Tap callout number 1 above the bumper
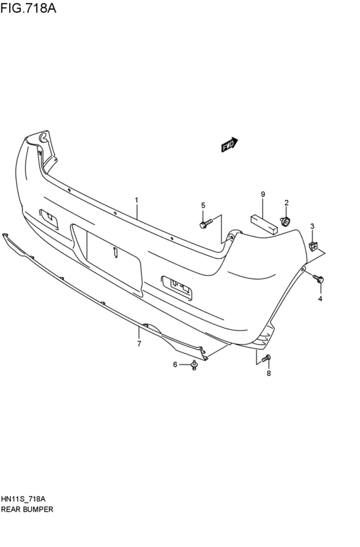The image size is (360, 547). click(x=136, y=201)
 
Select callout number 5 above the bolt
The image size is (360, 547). click(x=203, y=205)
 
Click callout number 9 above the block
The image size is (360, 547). click(x=263, y=194)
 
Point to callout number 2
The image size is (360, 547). click(x=287, y=202)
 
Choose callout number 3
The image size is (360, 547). click(x=312, y=226)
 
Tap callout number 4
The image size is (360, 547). click(x=320, y=299)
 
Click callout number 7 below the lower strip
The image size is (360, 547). click(x=139, y=345)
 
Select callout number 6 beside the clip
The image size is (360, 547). click(x=174, y=365)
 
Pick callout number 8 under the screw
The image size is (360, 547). click(x=269, y=373)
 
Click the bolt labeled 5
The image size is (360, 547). click(x=204, y=224)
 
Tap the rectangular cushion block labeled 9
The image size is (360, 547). click(x=263, y=221)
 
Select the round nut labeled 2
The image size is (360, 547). click(x=286, y=222)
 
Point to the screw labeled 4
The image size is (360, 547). click(x=319, y=279)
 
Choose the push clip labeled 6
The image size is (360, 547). click(x=193, y=365)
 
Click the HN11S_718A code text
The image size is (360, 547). click(x=23, y=499)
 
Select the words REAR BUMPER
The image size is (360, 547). click(x=27, y=508)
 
